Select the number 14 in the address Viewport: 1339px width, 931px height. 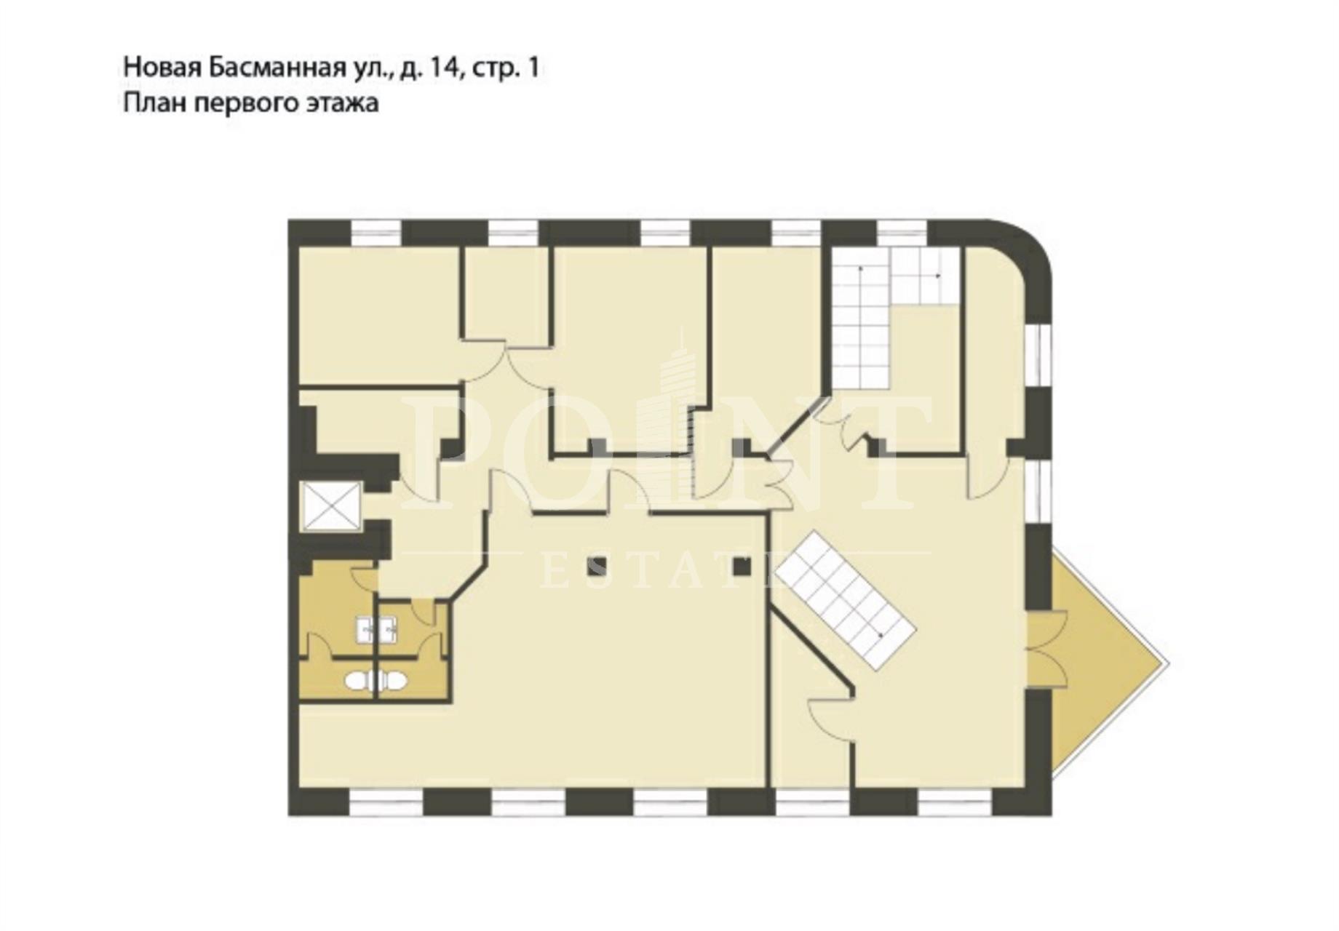point(445,68)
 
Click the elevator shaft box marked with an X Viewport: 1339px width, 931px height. point(331,506)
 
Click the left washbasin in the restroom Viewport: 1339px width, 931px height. point(365,630)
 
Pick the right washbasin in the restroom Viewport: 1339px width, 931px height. point(387,630)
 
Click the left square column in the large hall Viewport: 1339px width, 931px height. point(598,566)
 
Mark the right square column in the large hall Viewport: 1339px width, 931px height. point(741,566)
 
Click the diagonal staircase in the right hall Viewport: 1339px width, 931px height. point(846,601)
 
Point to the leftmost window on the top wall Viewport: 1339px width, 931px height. point(376,233)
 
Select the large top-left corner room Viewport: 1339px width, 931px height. point(378,314)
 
